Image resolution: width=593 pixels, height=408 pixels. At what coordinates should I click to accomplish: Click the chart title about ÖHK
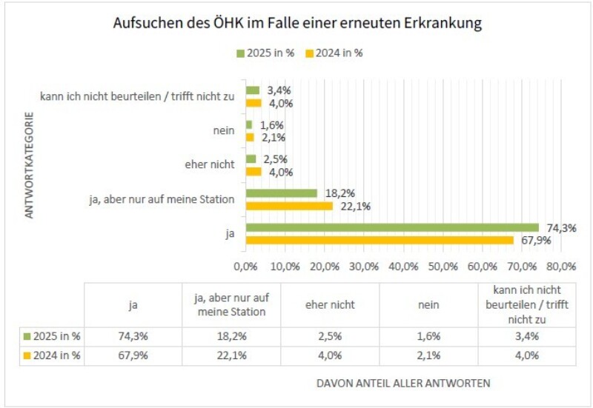[297, 24]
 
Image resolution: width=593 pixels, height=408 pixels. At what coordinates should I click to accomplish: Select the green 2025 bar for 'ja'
[392, 227]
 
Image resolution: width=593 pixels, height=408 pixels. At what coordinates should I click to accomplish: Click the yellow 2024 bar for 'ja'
[380, 240]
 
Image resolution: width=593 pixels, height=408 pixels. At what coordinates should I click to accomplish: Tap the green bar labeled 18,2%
[281, 193]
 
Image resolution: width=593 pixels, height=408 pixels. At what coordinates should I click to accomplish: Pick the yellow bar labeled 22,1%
[289, 206]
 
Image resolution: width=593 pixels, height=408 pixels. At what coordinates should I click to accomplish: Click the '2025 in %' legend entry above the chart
[268, 53]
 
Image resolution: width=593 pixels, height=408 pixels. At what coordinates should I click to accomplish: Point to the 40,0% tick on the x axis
[403, 265]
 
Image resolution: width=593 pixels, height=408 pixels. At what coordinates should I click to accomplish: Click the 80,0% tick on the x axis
[561, 265]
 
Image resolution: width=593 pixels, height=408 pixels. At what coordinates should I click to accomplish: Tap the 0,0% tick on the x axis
[245, 265]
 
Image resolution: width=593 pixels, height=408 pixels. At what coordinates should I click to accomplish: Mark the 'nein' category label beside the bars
[223, 130]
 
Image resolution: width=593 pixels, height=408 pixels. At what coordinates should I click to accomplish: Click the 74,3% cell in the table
[133, 336]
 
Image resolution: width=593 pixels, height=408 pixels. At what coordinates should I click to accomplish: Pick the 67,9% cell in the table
[133, 355]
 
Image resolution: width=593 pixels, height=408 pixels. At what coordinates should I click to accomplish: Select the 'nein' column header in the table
[428, 304]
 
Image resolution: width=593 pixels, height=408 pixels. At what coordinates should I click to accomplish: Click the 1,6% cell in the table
[428, 336]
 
